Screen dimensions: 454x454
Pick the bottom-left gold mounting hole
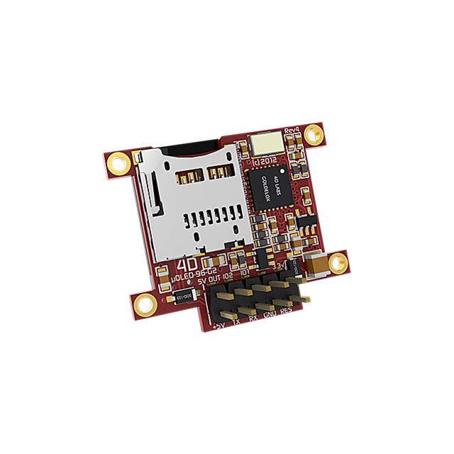pos(146,306)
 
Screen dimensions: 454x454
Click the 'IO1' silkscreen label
pos(245,272)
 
